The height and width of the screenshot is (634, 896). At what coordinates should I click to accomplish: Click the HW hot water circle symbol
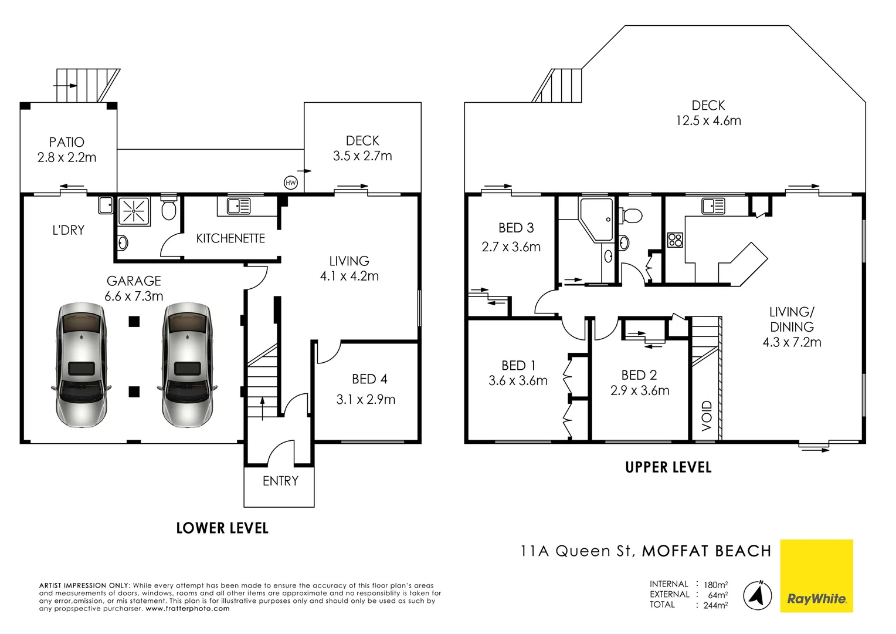[291, 183]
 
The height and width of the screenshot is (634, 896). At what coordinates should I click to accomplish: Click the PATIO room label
[67, 142]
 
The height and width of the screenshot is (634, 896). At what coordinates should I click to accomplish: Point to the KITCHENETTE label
[230, 238]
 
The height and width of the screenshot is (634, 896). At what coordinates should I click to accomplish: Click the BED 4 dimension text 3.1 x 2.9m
[366, 399]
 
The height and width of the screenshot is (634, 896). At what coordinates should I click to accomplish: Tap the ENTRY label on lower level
[280, 481]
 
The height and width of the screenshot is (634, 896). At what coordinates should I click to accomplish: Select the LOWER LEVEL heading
[222, 528]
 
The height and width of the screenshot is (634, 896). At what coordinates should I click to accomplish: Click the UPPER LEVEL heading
[668, 467]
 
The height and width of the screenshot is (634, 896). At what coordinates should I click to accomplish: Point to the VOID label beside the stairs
[707, 416]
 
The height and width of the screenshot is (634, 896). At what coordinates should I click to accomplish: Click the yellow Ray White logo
[816, 576]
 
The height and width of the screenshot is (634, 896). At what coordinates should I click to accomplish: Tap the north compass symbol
[758, 595]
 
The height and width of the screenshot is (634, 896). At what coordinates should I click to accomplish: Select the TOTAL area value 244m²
[715, 605]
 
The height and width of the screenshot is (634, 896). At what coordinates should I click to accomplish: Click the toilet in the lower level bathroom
[169, 208]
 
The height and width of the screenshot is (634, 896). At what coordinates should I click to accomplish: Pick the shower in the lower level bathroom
[134, 211]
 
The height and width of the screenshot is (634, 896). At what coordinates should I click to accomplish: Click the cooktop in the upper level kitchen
[675, 240]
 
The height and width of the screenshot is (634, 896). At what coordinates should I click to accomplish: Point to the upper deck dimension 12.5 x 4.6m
[708, 121]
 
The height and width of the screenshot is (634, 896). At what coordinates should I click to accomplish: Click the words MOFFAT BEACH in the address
[707, 551]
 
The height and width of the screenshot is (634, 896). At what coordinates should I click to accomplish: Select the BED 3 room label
[516, 228]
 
